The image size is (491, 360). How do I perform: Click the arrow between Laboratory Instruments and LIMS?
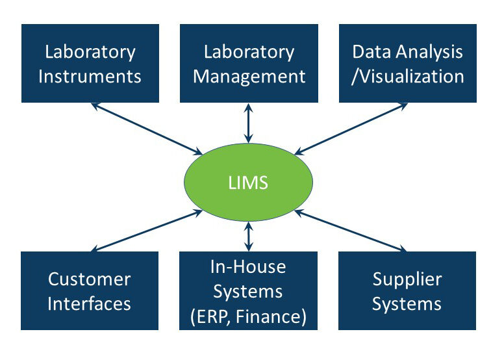coord(147,129)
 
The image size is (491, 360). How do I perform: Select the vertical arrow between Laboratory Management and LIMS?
coord(247,123)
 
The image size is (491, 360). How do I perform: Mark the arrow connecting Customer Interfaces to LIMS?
coord(147,231)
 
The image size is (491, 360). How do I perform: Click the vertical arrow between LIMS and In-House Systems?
coord(247,237)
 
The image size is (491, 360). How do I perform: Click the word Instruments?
coord(90,76)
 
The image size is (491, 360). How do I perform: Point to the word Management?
coord(249,76)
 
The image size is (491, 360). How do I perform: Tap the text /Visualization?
coord(408,76)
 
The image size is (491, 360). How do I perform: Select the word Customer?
coord(90,280)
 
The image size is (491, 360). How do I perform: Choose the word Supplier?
coord(407,280)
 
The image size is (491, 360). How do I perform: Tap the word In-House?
coord(248,266)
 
